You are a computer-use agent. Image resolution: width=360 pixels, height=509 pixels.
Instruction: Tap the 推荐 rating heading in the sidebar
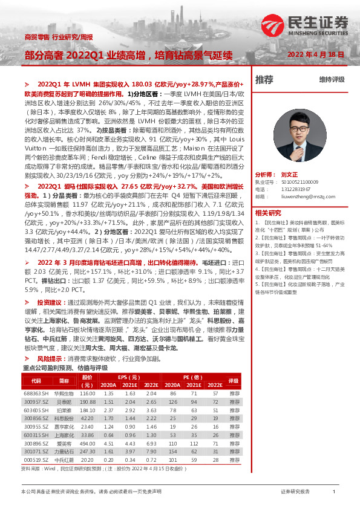(x=264, y=79)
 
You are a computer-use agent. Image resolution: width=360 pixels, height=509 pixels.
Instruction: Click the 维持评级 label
(x=332, y=80)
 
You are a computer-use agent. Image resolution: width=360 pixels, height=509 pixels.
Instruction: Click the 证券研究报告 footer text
(x=295, y=491)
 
